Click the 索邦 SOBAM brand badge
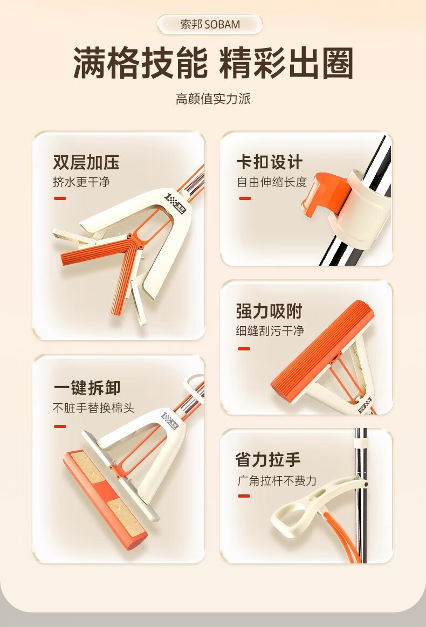click(210, 24)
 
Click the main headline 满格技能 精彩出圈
click(213, 63)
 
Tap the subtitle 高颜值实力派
click(213, 99)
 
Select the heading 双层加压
click(86, 162)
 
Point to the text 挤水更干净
click(81, 182)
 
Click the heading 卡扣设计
click(269, 162)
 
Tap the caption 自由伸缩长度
click(272, 182)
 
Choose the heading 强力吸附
click(269, 311)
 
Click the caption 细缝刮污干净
click(270, 331)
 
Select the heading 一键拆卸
click(87, 388)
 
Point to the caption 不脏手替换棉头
click(94, 408)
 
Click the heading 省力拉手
click(268, 460)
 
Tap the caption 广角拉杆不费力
click(277, 480)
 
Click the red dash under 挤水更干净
click(60, 198)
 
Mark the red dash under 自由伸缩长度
click(245, 198)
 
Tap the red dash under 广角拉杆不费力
click(244, 496)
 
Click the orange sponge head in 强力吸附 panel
click(322, 352)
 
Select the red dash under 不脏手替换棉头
click(60, 426)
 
